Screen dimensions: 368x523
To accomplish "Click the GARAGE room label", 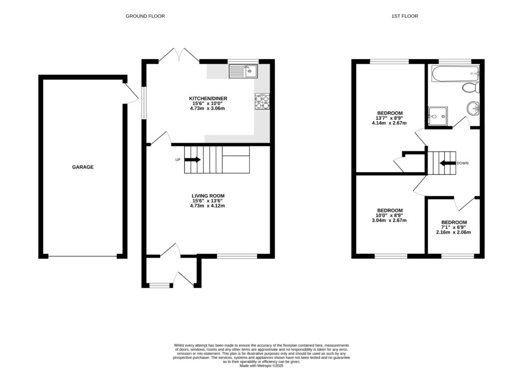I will [x=82, y=167].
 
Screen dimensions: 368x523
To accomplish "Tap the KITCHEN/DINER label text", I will [x=208, y=98].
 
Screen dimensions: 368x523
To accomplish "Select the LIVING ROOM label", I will [x=208, y=196].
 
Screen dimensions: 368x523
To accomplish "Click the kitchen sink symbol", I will [x=243, y=71].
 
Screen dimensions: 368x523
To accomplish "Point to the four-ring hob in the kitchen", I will [x=262, y=102].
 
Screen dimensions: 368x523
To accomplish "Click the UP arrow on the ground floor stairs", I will [x=193, y=160].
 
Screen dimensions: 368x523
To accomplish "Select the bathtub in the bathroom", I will [x=455, y=74].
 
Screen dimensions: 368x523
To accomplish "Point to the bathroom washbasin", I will [x=473, y=108].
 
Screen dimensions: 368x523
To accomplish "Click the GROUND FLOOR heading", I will [x=145, y=16].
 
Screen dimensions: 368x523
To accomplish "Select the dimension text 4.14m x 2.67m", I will [x=390, y=123].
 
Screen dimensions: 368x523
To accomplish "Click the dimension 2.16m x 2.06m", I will [x=453, y=232].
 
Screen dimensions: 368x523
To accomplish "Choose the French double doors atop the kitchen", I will [x=179, y=55].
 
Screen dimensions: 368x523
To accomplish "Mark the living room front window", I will [x=236, y=256].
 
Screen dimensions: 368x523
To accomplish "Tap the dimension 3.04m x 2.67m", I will [x=390, y=221].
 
